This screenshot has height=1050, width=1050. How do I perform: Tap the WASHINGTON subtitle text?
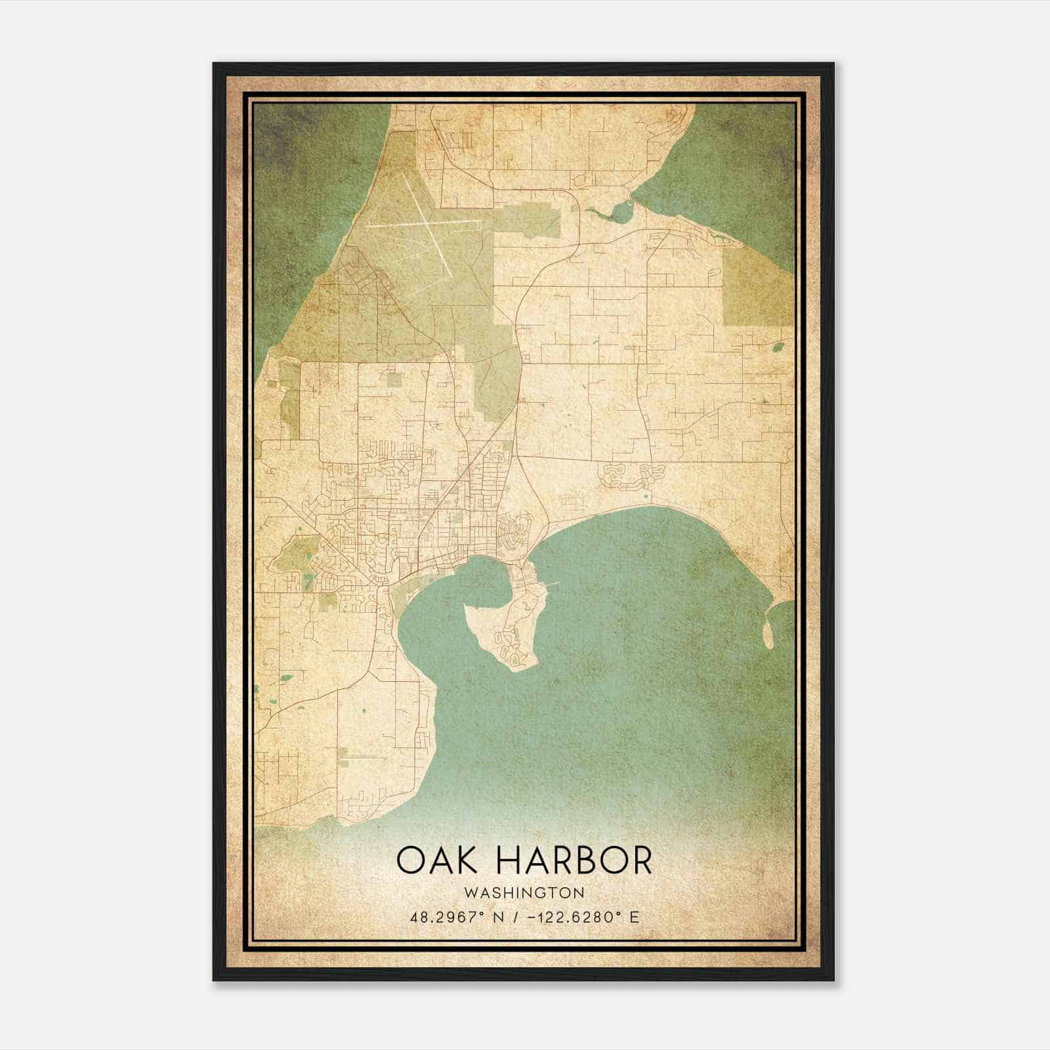tap(524, 892)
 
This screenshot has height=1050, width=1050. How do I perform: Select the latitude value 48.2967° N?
tap(456, 917)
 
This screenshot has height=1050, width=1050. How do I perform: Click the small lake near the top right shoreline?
tap(620, 211)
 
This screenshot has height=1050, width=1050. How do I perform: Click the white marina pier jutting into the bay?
tap(553, 583)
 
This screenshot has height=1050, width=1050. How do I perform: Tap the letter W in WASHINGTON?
tap(469, 892)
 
